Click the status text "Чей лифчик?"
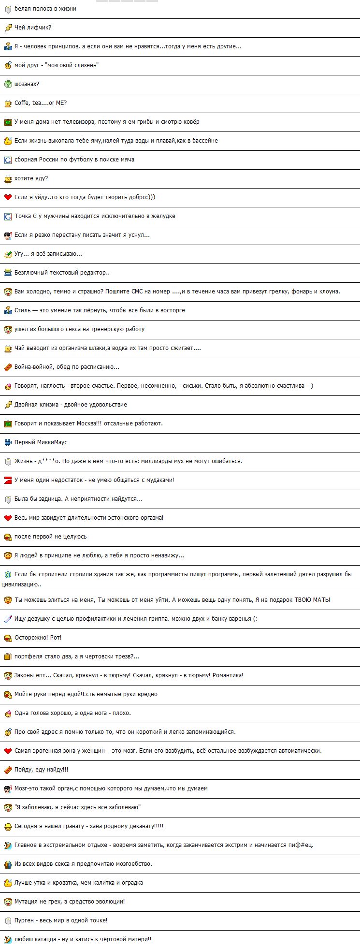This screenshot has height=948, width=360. point(33,28)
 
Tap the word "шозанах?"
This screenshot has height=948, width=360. point(27,84)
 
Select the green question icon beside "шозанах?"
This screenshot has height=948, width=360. point(8,84)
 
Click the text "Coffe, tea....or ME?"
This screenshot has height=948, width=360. point(41,103)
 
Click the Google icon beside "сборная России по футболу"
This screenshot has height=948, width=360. point(8,160)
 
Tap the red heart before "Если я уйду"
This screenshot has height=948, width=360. point(8,197)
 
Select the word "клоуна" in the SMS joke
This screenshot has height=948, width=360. point(330,292)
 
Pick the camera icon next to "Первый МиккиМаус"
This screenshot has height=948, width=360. point(8,442)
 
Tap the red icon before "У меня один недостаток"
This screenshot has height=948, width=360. point(8,480)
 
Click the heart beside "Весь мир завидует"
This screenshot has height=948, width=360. point(8,518)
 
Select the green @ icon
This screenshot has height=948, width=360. point(8,575)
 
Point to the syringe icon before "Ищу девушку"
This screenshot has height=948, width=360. point(8,619)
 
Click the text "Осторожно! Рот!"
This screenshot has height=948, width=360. point(38,638)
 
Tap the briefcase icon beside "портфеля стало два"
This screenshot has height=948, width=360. point(8,656)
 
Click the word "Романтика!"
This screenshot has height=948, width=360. point(228,675)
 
